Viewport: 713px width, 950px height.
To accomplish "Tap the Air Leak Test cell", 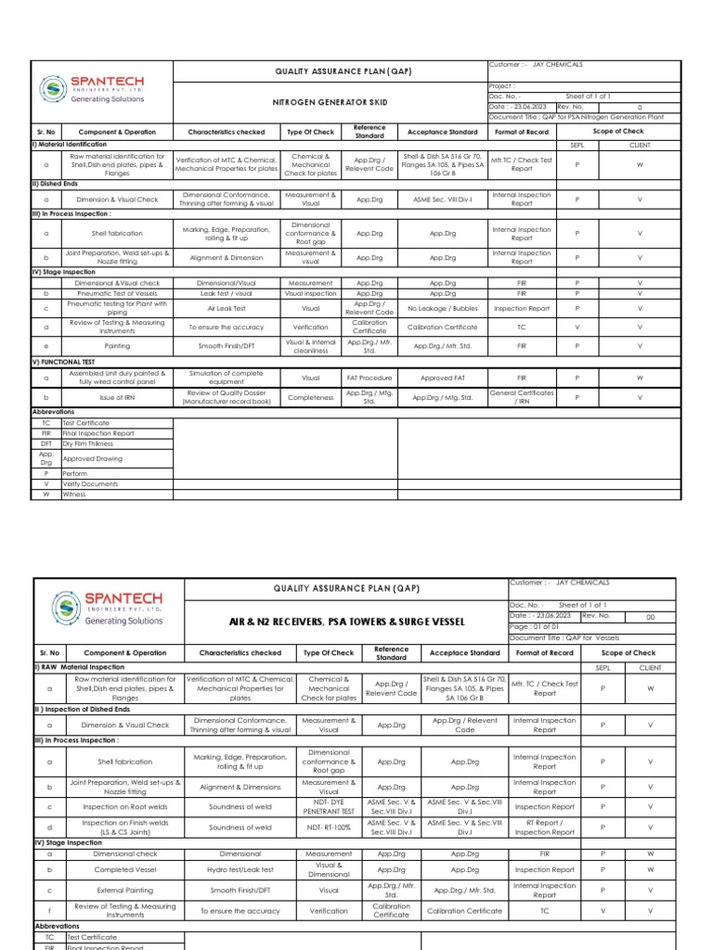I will click(x=225, y=308).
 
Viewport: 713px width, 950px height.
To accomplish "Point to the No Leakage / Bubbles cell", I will click(x=441, y=308).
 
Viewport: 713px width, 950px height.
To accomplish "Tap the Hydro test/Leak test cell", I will click(x=240, y=870).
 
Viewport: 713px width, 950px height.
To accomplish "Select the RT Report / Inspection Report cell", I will click(x=544, y=828).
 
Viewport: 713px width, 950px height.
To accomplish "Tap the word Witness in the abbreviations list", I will click(x=74, y=494).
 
